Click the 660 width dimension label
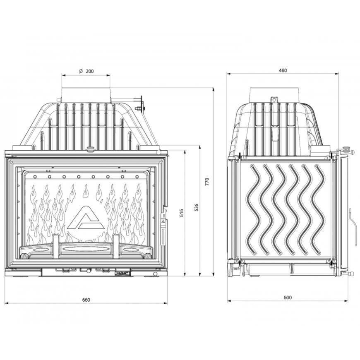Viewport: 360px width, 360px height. click(86, 300)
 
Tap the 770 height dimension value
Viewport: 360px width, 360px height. click(207, 182)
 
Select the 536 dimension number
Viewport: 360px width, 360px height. click(196, 208)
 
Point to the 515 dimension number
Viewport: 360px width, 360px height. click(182, 213)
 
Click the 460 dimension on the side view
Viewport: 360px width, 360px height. click(283, 70)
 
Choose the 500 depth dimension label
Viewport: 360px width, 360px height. click(288, 298)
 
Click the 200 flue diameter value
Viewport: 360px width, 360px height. click(90, 71)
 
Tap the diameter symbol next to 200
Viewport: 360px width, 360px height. click(81, 71)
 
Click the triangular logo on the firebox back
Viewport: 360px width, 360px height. click(86, 218)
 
